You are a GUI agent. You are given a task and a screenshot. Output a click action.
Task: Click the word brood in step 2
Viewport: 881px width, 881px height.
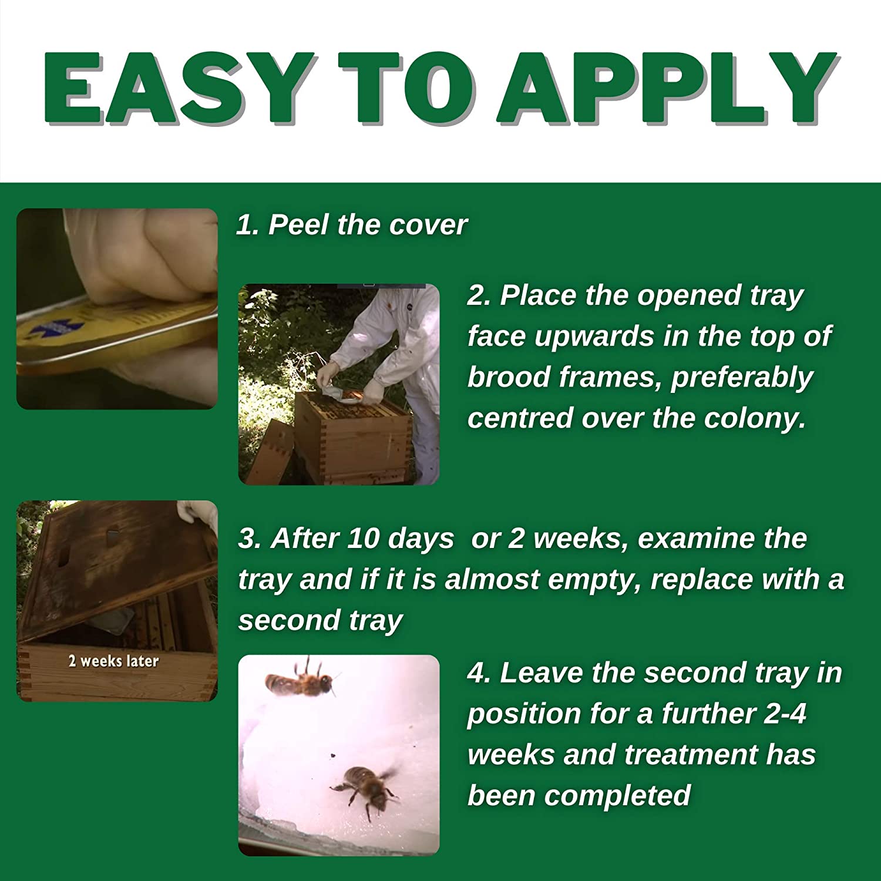point(507,377)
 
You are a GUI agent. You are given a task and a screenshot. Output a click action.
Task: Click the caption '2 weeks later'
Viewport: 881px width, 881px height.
point(113,661)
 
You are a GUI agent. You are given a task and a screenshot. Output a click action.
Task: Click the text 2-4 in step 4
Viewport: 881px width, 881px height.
point(785,714)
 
